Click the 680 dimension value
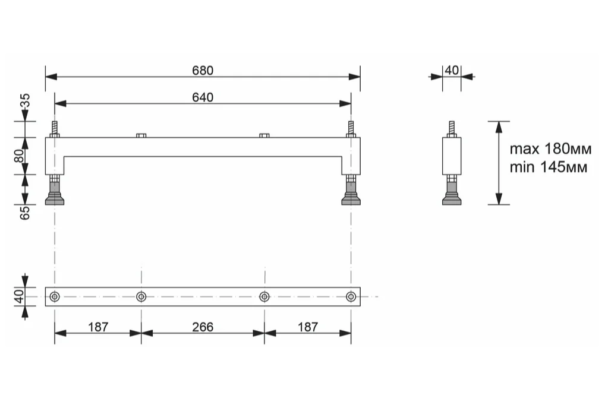tap(203, 70)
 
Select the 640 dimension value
tap(203, 97)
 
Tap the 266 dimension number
tap(203, 327)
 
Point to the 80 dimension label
tap(19, 156)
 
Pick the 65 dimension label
tap(25, 213)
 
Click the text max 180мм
tap(550, 149)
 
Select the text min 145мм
tap(549, 167)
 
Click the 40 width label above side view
tap(452, 70)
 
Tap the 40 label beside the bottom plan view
tap(19, 296)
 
